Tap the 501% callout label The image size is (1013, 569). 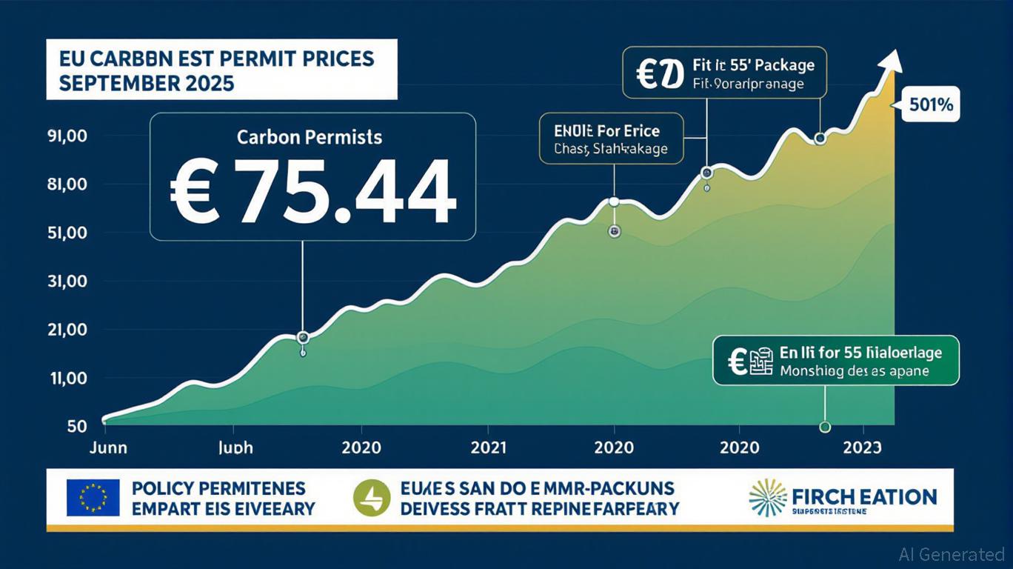coord(930,105)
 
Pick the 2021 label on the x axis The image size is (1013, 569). coord(487,447)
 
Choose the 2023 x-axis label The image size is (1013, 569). coord(862,447)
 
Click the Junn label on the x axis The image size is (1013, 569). coord(107,447)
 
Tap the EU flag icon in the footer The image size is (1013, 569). coord(93,498)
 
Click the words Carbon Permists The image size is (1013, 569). coord(310,137)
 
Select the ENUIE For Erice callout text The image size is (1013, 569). coord(607,131)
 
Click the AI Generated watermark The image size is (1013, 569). coord(952,554)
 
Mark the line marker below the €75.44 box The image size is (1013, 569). coord(302,338)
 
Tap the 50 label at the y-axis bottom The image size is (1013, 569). coord(76,426)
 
